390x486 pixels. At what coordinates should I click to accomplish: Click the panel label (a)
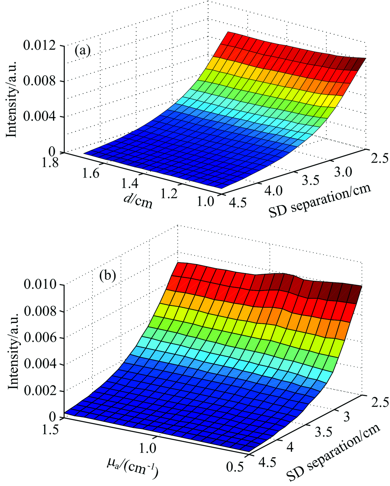point(83,51)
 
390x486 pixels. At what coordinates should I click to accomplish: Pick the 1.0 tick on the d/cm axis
point(206,201)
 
